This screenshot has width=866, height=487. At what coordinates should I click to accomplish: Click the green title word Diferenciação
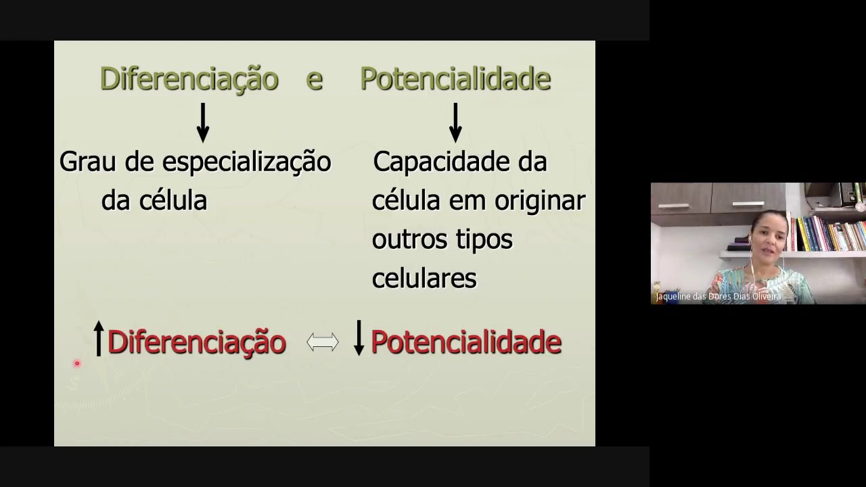(x=189, y=79)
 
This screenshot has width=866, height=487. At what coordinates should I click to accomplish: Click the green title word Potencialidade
(x=455, y=79)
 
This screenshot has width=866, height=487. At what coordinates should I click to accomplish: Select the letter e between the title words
(x=314, y=80)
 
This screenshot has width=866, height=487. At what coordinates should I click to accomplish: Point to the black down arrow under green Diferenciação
(x=202, y=122)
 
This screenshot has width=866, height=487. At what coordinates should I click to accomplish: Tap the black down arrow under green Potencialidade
(x=455, y=122)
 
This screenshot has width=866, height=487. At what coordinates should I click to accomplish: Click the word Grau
(x=84, y=162)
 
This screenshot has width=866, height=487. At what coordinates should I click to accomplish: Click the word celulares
(x=424, y=278)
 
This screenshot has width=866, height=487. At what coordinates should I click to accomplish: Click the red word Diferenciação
(x=196, y=342)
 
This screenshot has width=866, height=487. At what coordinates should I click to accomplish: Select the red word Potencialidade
(x=466, y=342)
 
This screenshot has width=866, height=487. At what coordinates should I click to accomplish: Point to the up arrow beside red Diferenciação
(x=99, y=338)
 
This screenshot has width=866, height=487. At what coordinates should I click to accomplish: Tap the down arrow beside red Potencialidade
(x=359, y=338)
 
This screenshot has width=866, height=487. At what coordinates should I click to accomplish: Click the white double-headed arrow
(x=323, y=342)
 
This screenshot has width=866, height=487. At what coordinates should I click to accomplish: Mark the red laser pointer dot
(x=77, y=364)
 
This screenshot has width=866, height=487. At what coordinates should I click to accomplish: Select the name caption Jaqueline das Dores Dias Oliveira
(x=719, y=296)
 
